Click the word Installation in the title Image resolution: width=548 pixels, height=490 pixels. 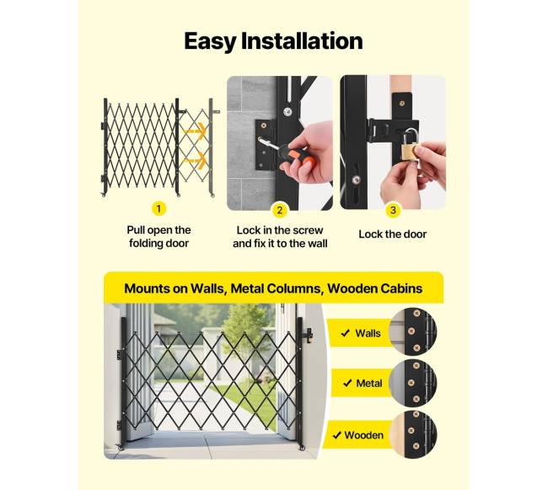[x=302, y=40]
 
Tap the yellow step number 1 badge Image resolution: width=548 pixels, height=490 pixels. [x=158, y=209]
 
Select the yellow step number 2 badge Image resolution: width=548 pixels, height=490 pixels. [x=280, y=210]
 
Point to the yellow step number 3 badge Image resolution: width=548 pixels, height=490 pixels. [x=393, y=210]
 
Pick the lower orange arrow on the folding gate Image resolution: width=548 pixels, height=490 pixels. [x=196, y=160]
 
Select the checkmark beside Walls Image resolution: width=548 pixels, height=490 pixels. [x=346, y=333]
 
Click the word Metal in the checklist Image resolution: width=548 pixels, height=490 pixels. [x=369, y=384]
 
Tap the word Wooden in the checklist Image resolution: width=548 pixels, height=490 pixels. [x=364, y=435]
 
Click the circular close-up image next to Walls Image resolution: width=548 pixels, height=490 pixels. [x=413, y=331]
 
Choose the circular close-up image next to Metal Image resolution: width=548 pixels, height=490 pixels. [x=413, y=383]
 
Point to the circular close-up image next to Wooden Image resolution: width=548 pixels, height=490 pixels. [x=413, y=434]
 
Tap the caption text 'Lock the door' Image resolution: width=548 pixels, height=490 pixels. [x=393, y=234]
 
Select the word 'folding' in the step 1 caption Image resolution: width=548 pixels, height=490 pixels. [x=146, y=244]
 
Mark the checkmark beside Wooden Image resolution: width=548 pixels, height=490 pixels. [x=337, y=435]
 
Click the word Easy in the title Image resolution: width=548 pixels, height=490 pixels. [x=210, y=42]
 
